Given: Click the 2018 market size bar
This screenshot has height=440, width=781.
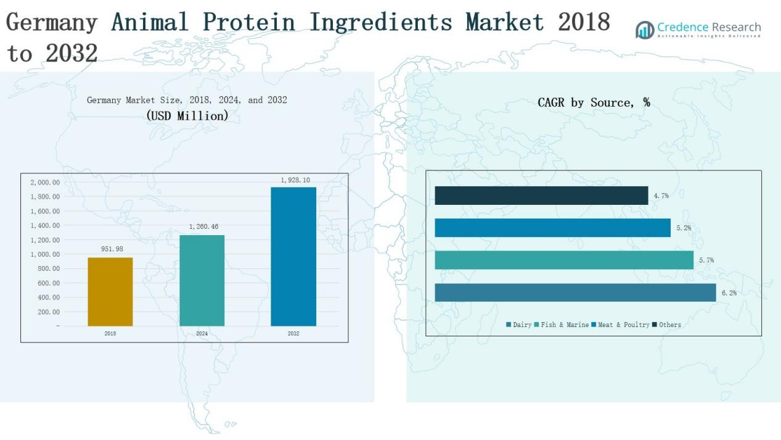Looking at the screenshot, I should [110, 291].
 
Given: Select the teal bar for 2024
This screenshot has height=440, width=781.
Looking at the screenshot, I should [202, 280].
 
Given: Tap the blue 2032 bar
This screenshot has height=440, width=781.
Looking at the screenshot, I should [293, 256].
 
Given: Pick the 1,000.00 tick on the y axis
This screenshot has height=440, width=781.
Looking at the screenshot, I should [45, 254].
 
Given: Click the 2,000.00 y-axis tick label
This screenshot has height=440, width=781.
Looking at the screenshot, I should [45, 183].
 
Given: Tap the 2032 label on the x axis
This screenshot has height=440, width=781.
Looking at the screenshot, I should [293, 334].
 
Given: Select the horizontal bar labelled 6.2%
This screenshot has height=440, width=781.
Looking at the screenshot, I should [575, 293].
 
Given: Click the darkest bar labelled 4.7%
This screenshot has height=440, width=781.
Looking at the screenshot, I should [541, 196].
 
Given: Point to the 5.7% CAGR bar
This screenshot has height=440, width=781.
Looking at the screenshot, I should [564, 260].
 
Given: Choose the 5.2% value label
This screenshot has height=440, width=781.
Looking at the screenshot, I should [684, 228].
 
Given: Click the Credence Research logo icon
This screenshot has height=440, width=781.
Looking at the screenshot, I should [645, 30].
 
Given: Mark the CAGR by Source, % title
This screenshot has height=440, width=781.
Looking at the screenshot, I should [594, 102].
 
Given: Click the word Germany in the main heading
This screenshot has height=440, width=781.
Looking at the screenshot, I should [52, 23].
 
